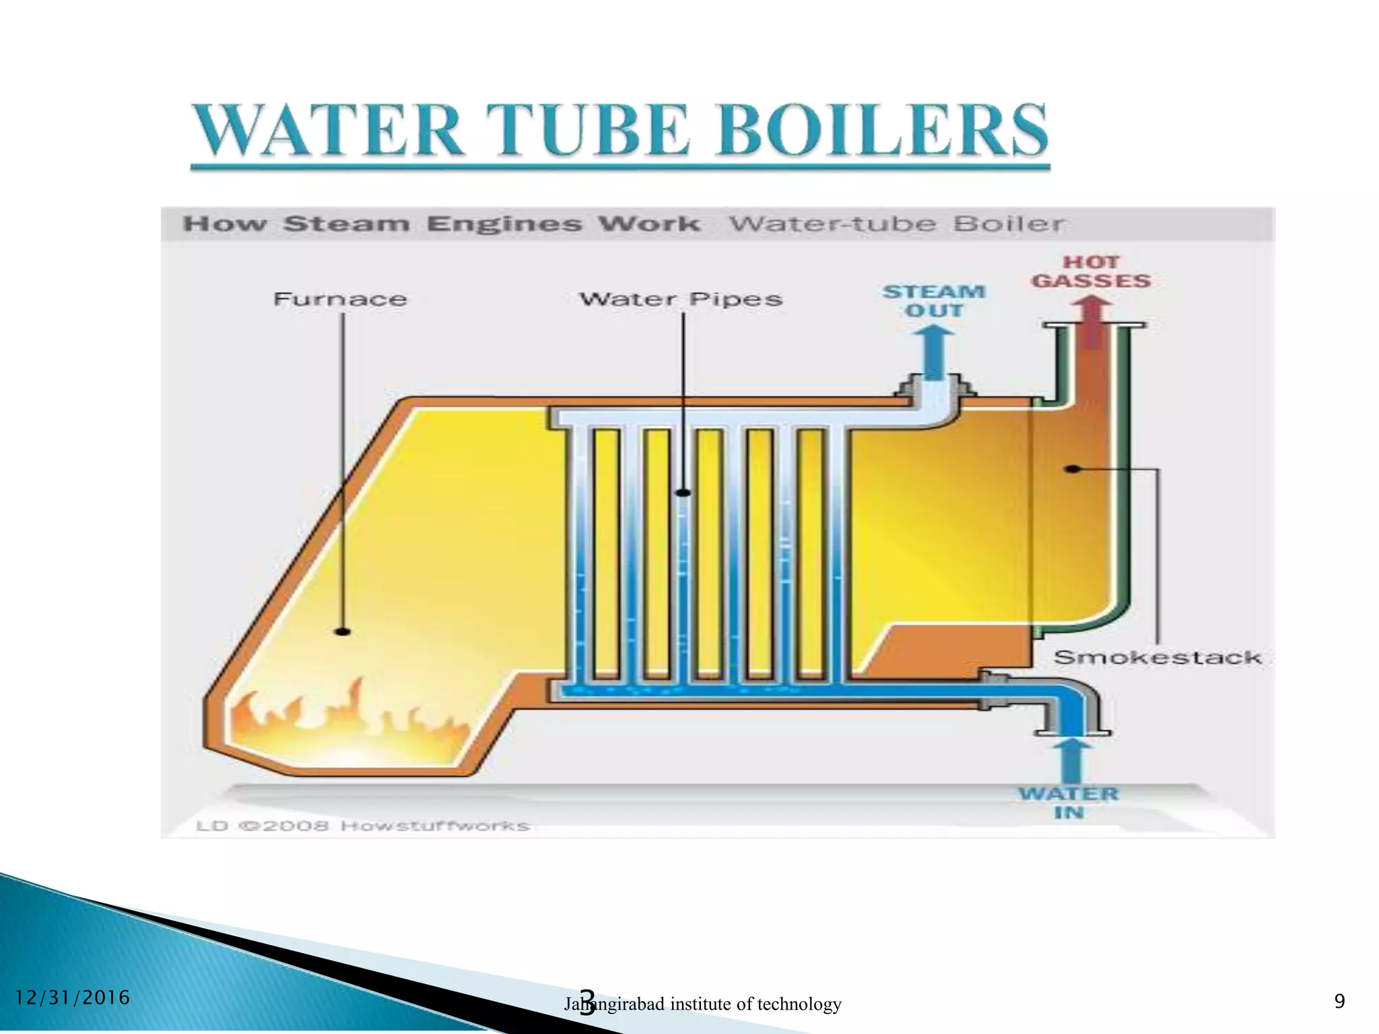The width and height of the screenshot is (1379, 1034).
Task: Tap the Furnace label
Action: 340,299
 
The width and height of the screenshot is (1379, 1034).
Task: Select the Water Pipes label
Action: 681,299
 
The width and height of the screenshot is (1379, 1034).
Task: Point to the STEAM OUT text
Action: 934,301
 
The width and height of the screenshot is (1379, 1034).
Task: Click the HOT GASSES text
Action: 1091,272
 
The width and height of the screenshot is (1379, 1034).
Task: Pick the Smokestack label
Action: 1157,657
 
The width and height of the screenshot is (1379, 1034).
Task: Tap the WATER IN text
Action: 1069,803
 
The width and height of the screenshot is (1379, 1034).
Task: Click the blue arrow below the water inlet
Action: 1071,761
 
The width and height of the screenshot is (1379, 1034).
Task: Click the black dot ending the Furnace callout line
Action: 343,631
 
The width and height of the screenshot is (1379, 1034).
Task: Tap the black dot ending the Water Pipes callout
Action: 683,493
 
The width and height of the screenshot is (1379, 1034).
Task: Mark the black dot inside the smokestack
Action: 1073,469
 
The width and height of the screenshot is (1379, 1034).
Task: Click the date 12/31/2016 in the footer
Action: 72,997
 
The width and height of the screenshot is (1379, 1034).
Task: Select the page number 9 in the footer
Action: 1339,1001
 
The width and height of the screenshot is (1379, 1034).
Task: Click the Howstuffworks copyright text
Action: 364,825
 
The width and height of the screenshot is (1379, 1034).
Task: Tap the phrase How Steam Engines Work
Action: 441,223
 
